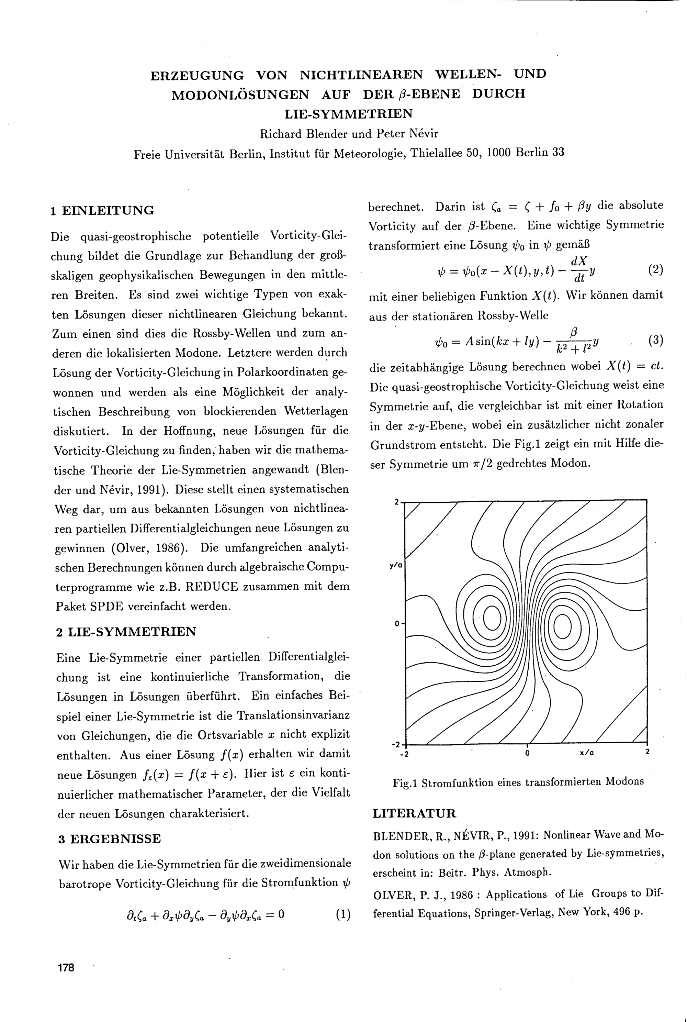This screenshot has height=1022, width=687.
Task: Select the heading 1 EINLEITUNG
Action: tap(102, 211)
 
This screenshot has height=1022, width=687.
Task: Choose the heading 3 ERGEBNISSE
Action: tap(110, 839)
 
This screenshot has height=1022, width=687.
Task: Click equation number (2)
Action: tap(655, 269)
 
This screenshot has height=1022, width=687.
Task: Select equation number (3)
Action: tap(655, 340)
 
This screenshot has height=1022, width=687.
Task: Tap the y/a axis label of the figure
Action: tap(396, 565)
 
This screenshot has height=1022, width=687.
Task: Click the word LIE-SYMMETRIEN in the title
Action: tap(348, 114)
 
